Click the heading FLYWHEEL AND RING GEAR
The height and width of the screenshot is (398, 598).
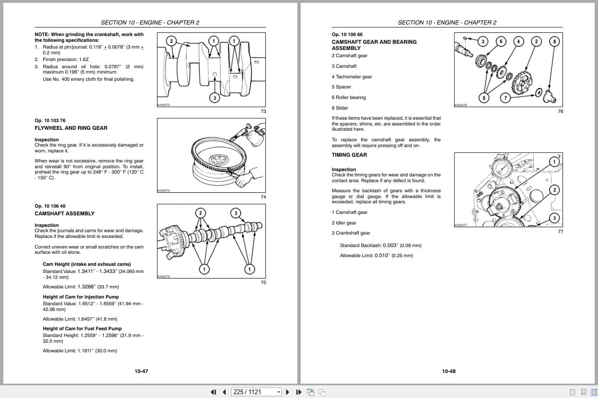coord(71,128)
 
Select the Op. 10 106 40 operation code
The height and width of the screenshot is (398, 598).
coord(50,206)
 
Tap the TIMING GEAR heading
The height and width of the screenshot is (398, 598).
coord(349,155)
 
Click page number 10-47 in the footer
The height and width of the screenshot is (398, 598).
coord(141,371)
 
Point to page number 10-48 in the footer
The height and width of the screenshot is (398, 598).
coord(449,371)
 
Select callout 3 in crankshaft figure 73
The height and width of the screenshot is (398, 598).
coord(215,98)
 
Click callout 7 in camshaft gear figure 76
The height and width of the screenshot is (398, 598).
coord(505,98)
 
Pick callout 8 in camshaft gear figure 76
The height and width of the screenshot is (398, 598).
coord(554,41)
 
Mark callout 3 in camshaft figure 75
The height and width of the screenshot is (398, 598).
coord(235,213)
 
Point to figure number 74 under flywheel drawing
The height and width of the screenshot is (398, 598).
coord(263,197)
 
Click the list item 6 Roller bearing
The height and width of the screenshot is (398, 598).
coord(348,98)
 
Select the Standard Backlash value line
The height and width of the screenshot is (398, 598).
coord(380,245)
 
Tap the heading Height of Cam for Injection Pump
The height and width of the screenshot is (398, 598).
coord(81,297)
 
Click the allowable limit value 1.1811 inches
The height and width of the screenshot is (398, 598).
coord(80,351)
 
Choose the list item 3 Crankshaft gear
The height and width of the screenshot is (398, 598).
coord(351,233)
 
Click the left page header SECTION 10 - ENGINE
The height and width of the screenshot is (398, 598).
coord(150,23)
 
